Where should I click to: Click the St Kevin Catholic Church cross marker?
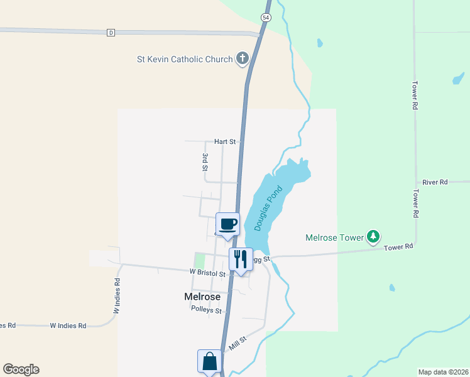tap(242, 60)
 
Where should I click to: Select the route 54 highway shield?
tap(266, 18)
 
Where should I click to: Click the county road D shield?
tap(111, 33)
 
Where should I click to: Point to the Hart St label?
tap(224, 142)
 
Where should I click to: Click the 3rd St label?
tap(205, 161)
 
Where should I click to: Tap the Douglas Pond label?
tap(265, 212)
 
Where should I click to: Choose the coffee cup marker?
tap(227, 224)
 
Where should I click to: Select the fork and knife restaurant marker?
tap(240, 258)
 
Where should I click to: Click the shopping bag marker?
tap(209, 361)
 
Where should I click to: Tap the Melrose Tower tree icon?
tap(374, 237)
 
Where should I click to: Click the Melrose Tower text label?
tap(334, 238)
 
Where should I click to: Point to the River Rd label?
tap(435, 182)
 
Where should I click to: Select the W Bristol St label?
tap(207, 273)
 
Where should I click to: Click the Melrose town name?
tap(202, 297)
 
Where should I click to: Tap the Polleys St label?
tap(207, 310)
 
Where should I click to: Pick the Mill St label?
tap(238, 344)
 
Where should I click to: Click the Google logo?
tap(21, 369)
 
